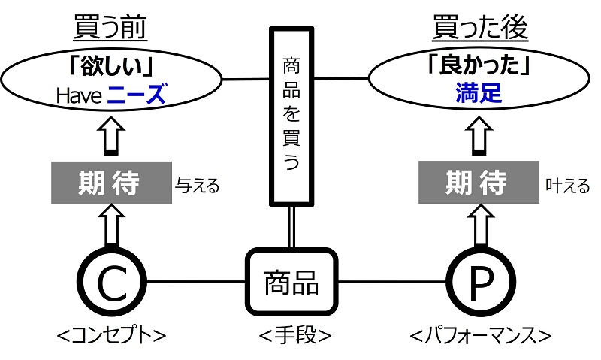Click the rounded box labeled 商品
(291, 283)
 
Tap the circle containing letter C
(110, 283)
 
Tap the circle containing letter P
(482, 283)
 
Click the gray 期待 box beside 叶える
(478, 183)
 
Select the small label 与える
(197, 186)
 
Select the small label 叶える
(568, 186)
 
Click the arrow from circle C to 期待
(110, 226)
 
